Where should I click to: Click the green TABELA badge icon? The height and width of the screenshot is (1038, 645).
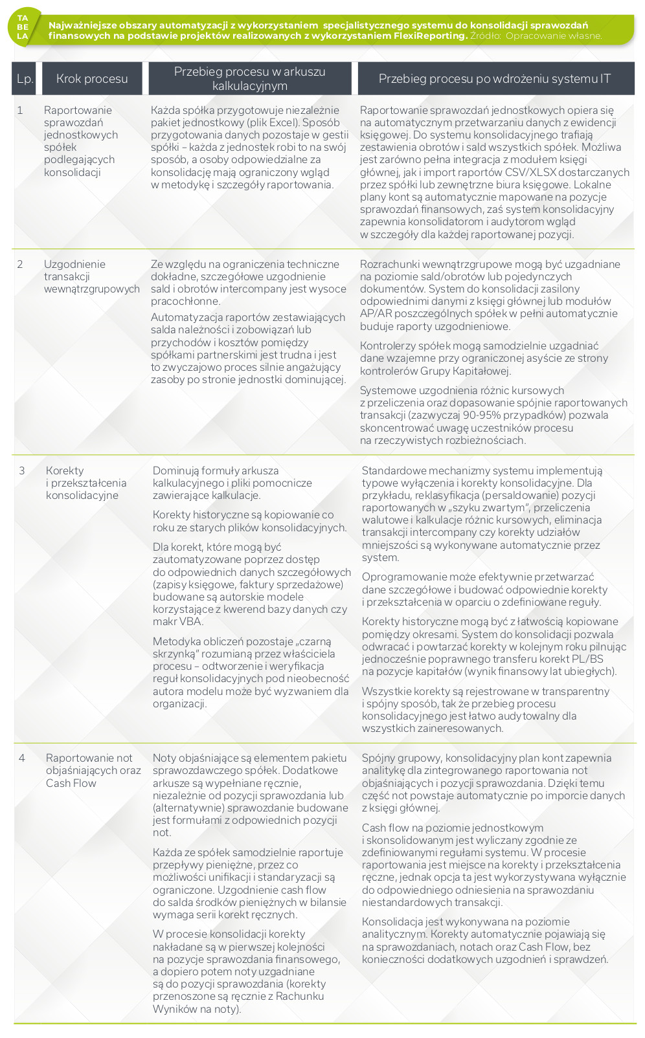point(23,27)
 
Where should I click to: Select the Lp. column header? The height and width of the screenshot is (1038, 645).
point(25,79)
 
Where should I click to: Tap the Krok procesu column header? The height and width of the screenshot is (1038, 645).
point(92,79)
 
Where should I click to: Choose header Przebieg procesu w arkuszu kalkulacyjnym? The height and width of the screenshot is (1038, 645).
point(249,79)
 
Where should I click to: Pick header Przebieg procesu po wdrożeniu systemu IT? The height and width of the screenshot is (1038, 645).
point(495,79)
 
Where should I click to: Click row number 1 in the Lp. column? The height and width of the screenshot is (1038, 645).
point(20,111)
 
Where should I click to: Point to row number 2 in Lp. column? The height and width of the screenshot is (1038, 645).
point(20,265)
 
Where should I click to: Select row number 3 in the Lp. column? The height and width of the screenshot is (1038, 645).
point(22,471)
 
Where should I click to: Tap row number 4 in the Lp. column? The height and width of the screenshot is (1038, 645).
point(22,758)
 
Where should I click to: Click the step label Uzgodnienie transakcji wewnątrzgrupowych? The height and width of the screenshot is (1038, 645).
point(91,277)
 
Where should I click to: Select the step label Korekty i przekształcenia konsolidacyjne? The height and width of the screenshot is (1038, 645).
point(85,483)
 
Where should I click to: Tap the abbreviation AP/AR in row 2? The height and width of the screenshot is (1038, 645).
point(377,314)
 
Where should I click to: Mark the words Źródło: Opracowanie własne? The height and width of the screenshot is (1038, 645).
point(536,36)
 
